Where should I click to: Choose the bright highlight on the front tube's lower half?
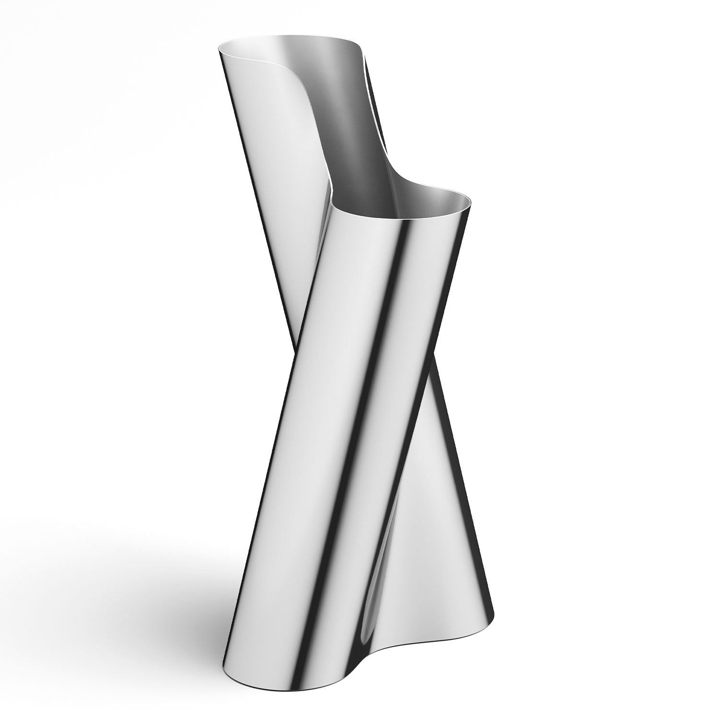[307, 479]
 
